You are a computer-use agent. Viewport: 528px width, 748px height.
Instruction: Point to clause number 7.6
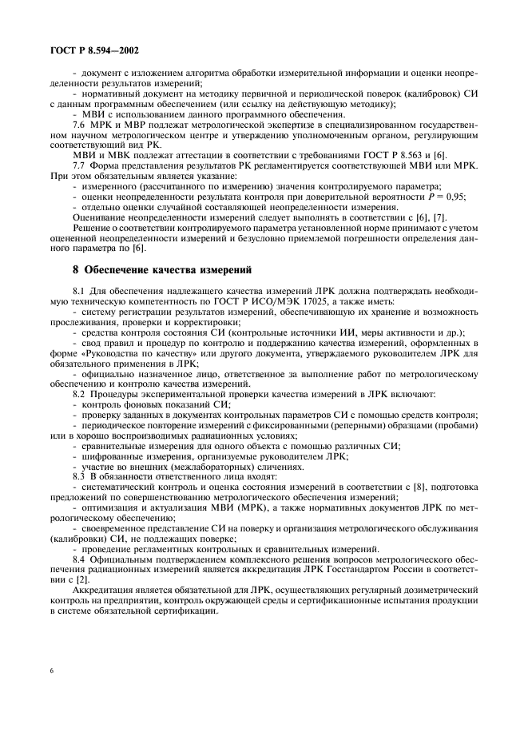79,125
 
